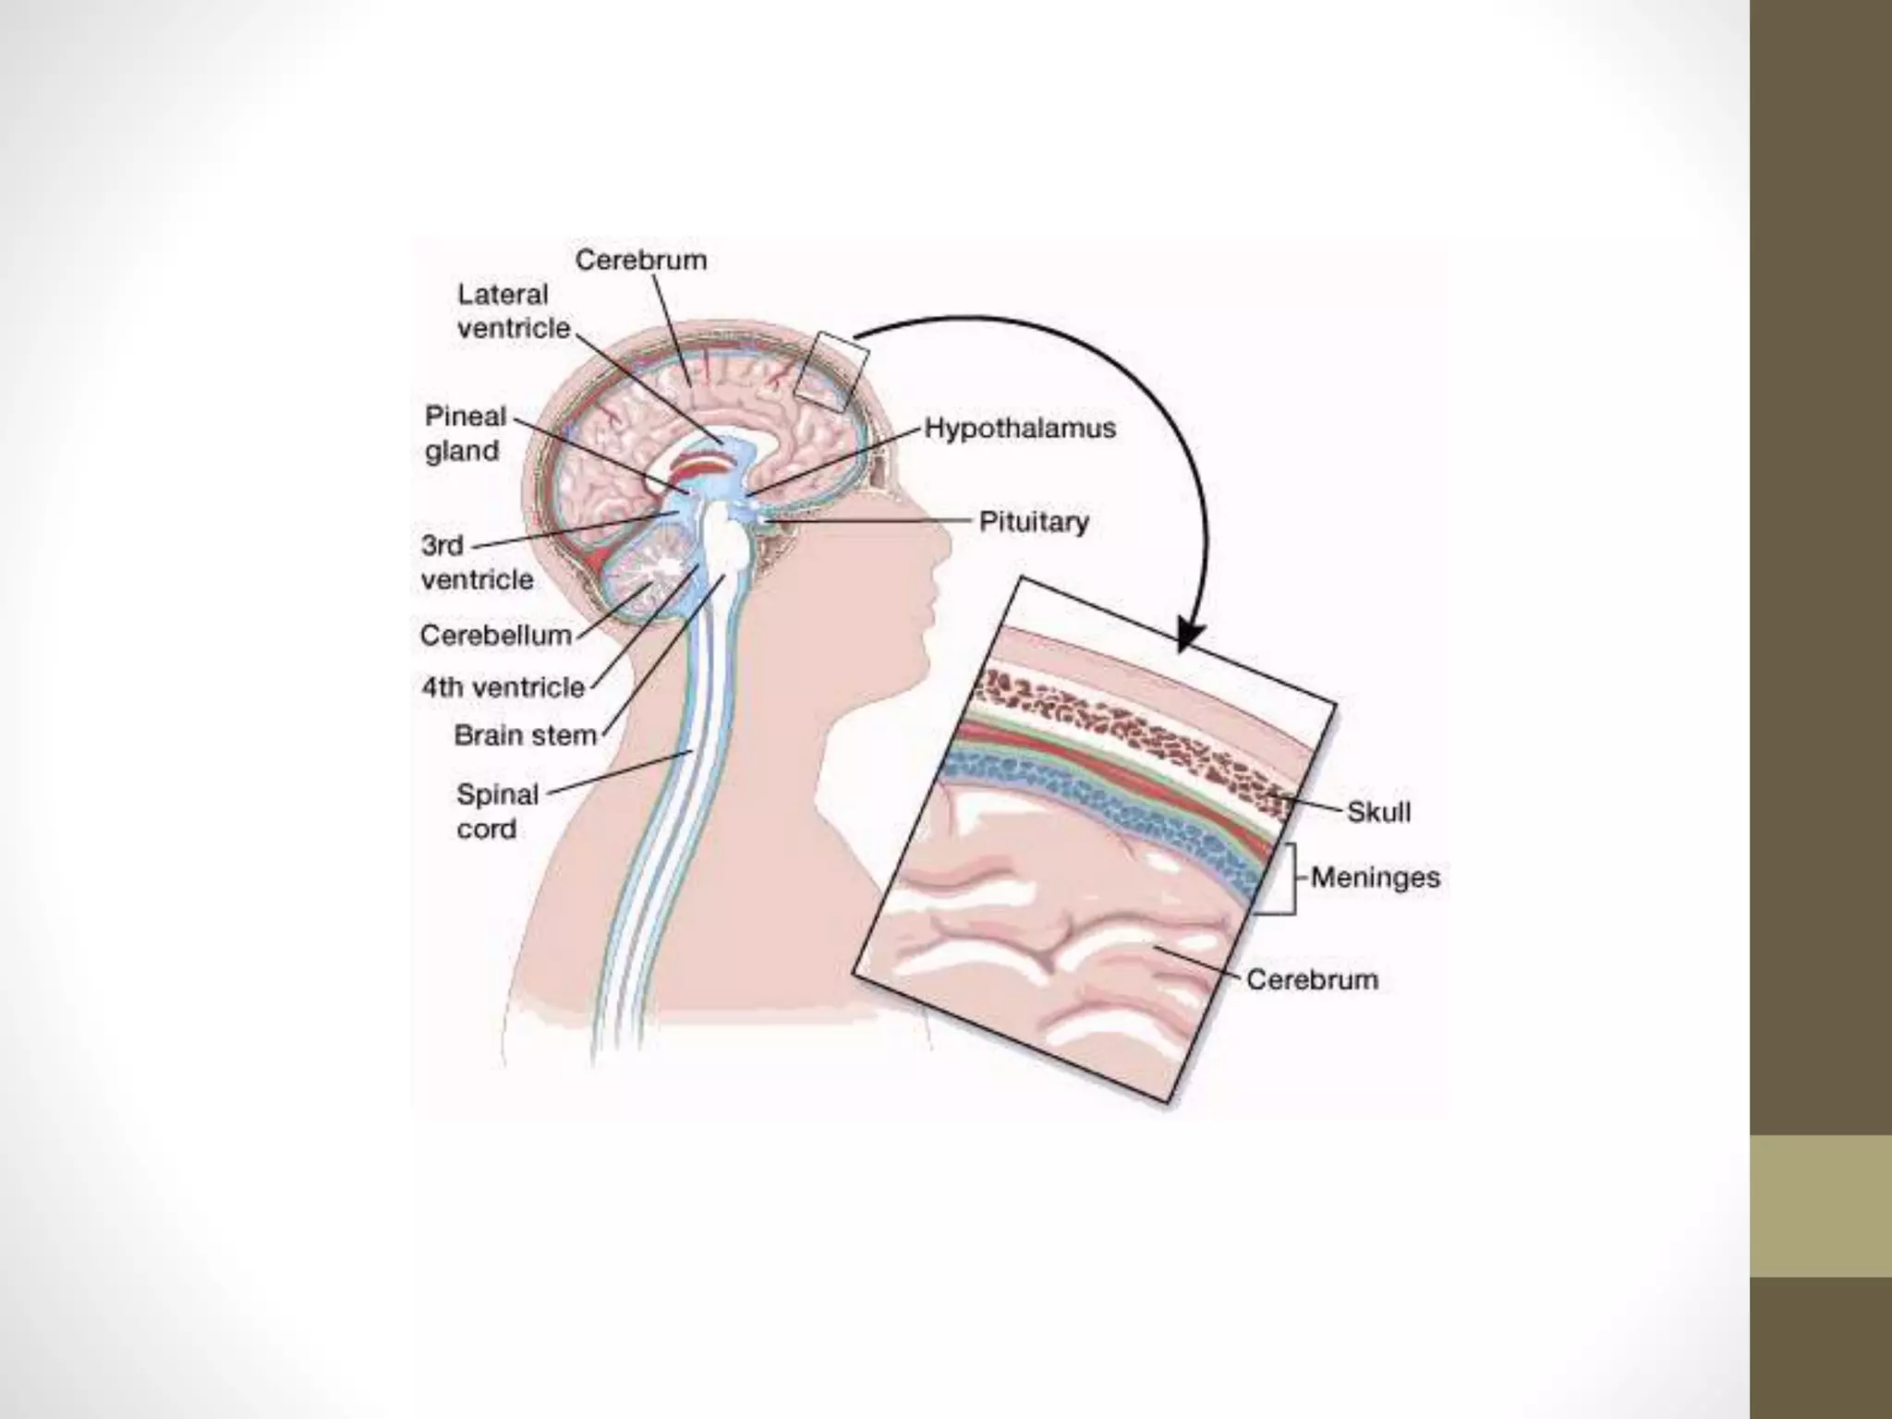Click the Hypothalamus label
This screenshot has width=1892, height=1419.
coord(1020,430)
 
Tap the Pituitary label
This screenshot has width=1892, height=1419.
coord(1034,523)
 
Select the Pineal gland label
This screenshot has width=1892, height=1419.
coord(465,433)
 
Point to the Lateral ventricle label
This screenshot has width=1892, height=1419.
coord(513,311)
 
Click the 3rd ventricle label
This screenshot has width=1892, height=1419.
coord(477,562)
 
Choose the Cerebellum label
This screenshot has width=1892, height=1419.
coord(496,636)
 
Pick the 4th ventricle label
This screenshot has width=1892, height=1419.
coord(503,687)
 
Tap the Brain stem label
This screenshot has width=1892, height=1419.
coord(525,735)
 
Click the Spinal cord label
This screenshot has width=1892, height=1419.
coord(497,811)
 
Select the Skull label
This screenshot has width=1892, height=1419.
coord(1378,813)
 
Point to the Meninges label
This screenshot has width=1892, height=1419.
coord(1375,877)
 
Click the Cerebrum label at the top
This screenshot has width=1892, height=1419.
coord(640,261)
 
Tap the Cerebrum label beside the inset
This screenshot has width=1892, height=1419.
coord(1312,979)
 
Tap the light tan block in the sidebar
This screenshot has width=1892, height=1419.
coord(1820,1206)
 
